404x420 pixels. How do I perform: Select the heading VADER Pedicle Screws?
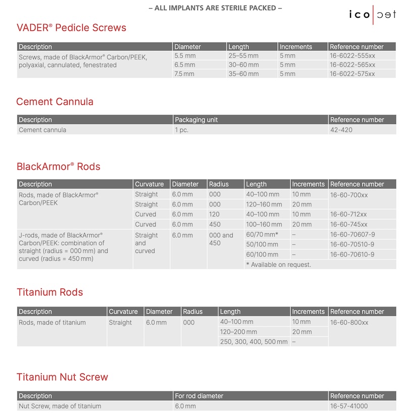click(71, 28)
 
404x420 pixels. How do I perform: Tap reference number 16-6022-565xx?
click(352, 65)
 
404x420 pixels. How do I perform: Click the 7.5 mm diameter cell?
click(184, 74)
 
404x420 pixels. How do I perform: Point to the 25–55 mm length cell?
click(243, 56)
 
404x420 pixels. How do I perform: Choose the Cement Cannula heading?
click(55, 102)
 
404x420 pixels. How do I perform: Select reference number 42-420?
click(341, 130)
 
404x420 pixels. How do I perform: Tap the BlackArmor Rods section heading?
click(59, 166)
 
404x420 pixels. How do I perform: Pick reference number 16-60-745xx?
click(349, 224)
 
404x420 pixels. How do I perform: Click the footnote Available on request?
click(278, 264)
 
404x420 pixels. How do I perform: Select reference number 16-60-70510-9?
click(352, 244)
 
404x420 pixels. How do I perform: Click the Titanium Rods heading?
click(50, 292)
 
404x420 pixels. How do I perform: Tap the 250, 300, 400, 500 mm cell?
click(254, 342)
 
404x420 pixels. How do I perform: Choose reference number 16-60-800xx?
click(349, 322)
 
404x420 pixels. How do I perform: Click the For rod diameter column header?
click(199, 396)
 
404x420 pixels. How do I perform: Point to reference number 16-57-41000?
click(349, 406)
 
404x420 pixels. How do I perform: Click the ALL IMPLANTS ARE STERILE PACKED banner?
click(215, 8)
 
